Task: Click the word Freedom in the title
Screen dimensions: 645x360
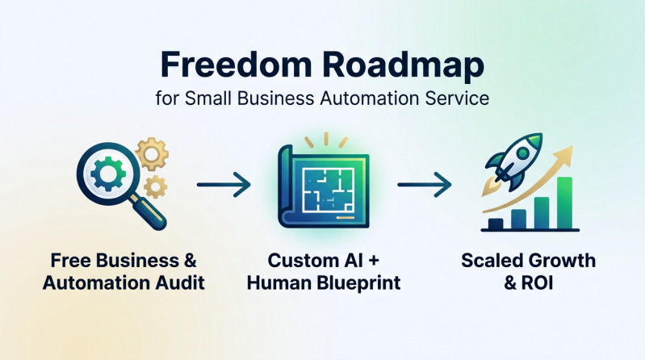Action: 236,65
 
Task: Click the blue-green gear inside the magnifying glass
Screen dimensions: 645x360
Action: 108,174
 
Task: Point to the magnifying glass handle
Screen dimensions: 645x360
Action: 149,212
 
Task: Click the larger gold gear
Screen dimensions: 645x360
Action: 152,154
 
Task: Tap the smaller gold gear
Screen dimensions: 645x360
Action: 155,187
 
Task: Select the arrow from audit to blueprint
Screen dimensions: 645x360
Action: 224,184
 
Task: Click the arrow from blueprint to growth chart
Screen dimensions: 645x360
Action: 424,184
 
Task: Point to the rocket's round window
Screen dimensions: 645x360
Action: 523,154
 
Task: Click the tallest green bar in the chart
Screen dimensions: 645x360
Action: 565,203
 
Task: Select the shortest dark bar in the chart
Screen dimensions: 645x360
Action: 496,224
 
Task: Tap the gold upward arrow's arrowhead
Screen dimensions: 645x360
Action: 564,156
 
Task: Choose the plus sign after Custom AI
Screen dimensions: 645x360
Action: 374,261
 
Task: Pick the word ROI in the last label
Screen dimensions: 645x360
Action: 537,283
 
